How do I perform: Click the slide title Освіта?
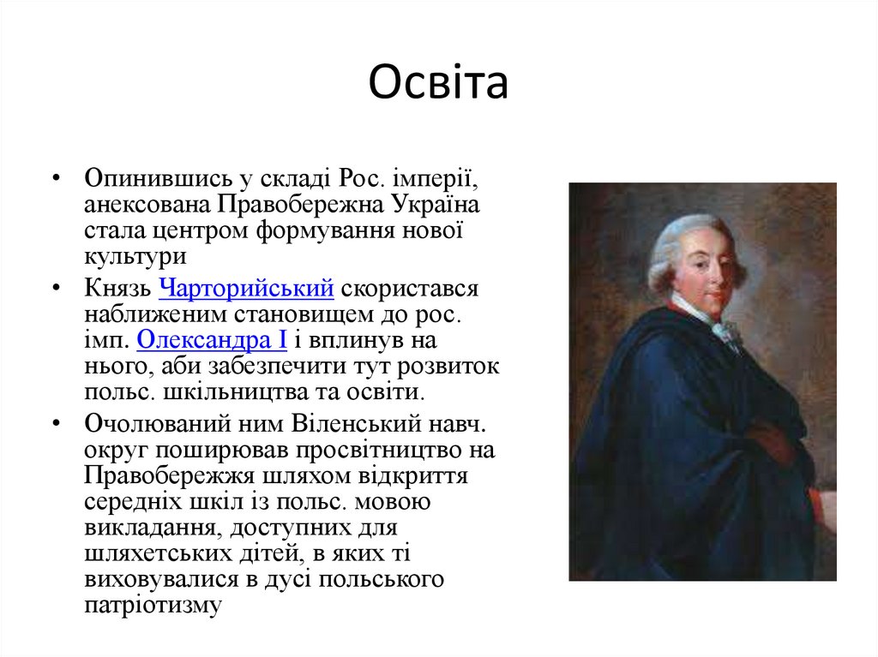438,83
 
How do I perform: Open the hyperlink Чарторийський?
246,289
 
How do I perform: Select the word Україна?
437,206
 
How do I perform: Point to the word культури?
135,257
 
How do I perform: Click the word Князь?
118,289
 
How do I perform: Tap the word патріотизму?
153,605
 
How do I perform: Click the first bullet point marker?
56,180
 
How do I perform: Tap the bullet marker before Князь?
56,289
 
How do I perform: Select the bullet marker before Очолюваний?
56,424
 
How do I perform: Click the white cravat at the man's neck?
725,330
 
